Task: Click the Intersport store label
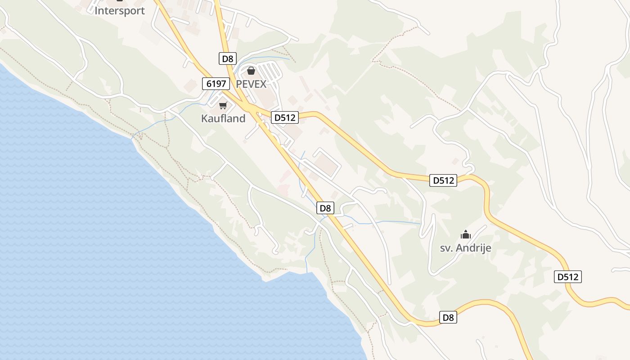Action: click(120, 10)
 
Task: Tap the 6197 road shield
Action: click(216, 83)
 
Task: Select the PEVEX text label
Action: click(251, 84)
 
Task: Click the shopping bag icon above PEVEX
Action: click(251, 71)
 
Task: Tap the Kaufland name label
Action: click(223, 118)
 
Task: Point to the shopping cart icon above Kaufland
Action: click(223, 106)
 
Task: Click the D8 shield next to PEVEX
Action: click(228, 58)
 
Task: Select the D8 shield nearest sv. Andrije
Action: click(448, 317)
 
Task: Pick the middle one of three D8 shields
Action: click(325, 208)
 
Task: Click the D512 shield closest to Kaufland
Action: click(285, 118)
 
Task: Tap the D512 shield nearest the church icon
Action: click(443, 180)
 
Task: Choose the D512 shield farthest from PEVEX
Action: click(567, 277)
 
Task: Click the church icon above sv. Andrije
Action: click(465, 234)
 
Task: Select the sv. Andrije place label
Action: click(465, 248)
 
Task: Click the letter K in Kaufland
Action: click(204, 118)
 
